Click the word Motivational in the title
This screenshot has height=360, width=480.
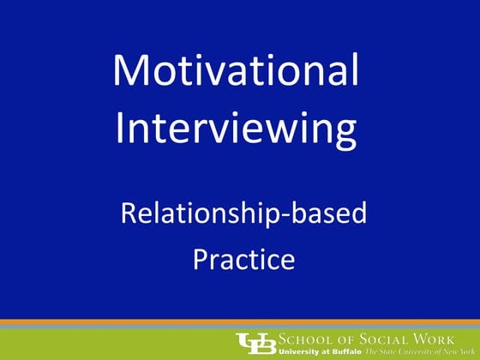coord(236,70)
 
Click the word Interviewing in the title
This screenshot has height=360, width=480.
coord(236,129)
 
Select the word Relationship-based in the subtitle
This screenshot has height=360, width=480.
coord(243,212)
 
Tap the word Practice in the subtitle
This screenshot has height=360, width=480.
coord(243,258)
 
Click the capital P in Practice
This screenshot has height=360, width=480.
coord(199,257)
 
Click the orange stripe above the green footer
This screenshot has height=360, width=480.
coord(240,321)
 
